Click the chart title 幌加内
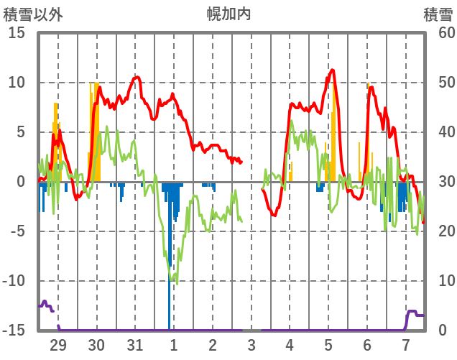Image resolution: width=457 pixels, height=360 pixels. click(x=229, y=14)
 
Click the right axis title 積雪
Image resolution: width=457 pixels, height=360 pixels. click(x=437, y=14)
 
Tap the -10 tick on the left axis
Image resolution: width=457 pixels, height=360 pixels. click(x=14, y=281)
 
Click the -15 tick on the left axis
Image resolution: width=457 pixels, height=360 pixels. click(x=14, y=331)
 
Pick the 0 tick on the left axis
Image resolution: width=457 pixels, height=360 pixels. click(x=22, y=182)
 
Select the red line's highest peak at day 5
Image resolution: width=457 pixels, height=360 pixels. click(x=332, y=70)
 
